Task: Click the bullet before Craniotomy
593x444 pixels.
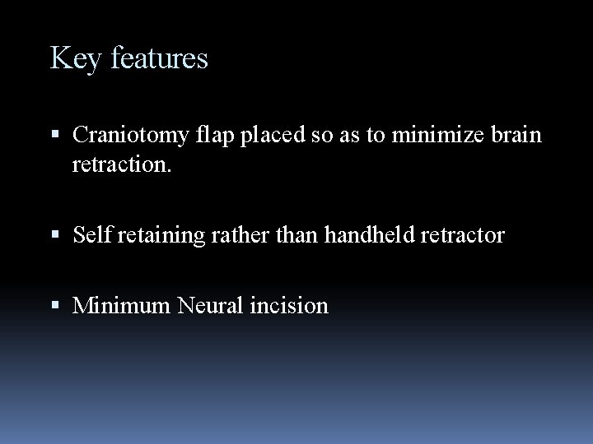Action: point(55,135)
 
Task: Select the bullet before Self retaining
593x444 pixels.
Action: point(55,236)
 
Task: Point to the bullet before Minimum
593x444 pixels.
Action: point(55,307)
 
